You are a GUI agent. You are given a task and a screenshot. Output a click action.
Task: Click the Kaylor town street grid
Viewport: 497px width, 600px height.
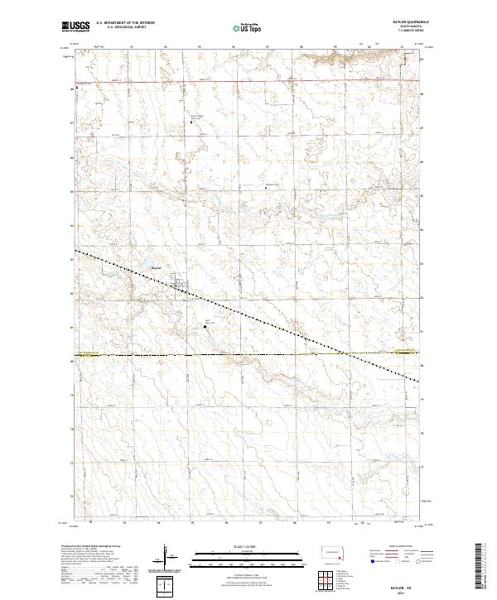(x=180, y=286)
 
